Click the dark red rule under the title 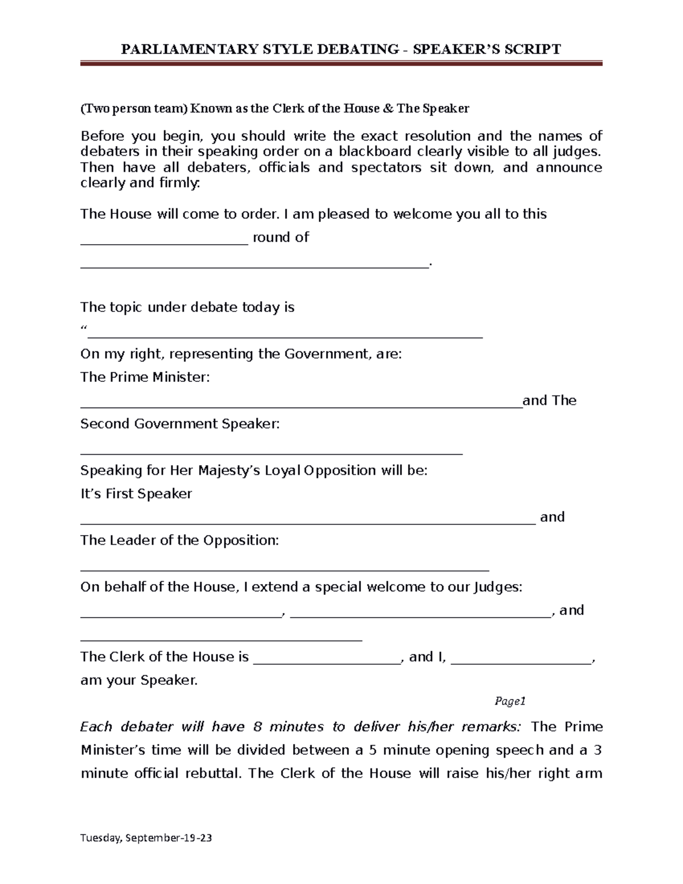[341, 64]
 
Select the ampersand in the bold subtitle [388, 108]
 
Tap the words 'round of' [281, 237]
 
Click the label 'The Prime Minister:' [145, 377]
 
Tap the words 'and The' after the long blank [549, 400]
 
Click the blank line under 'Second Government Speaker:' [271, 454]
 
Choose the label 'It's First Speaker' [136, 494]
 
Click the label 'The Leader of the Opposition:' [180, 540]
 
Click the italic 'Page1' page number [509, 701]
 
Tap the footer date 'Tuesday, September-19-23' [146, 838]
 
